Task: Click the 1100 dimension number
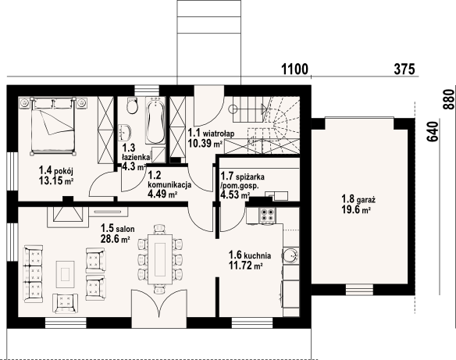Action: pyautogui.click(x=294, y=70)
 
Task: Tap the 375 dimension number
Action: pyautogui.click(x=404, y=70)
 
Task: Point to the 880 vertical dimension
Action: pyautogui.click(x=448, y=99)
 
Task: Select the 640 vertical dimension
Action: pyautogui.click(x=433, y=131)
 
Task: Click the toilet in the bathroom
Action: pyautogui.click(x=132, y=105)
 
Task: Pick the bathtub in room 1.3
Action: pyautogui.click(x=155, y=120)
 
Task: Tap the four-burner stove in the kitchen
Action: pyautogui.click(x=267, y=215)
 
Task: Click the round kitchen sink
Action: pyautogui.click(x=290, y=255)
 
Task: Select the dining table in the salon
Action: pyautogui.click(x=160, y=259)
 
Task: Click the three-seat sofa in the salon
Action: pyautogui.click(x=34, y=273)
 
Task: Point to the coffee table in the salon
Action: pyautogui.click(x=65, y=274)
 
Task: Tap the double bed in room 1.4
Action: pyautogui.click(x=53, y=125)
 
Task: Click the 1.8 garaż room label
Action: pyautogui.click(x=358, y=199)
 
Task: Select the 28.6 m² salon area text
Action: pyautogui.click(x=115, y=239)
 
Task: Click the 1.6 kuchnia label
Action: pyautogui.click(x=250, y=255)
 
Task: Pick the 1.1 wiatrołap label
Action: pyautogui.click(x=211, y=133)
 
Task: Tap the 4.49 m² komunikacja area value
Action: pyautogui.click(x=162, y=194)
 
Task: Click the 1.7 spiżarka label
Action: pyautogui.click(x=242, y=176)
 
